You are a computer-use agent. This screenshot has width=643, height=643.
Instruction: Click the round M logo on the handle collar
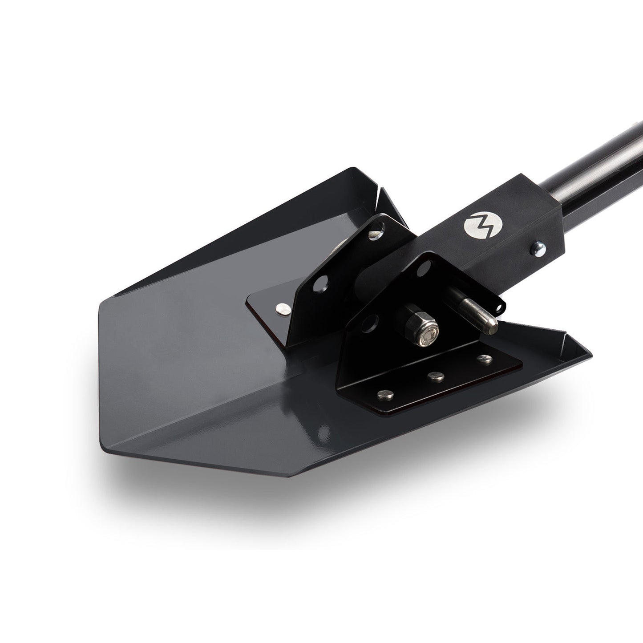(x=477, y=224)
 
